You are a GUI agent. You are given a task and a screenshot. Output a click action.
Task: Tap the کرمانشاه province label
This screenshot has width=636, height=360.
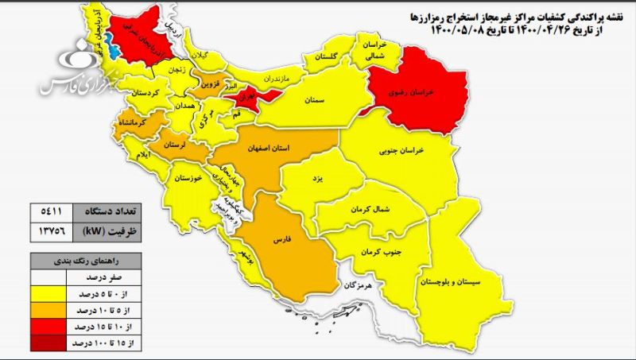[x=134, y=126]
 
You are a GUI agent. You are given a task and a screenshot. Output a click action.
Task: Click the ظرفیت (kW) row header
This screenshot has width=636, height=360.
[x=103, y=232]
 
